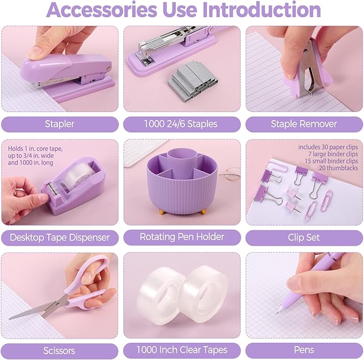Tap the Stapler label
[60, 124]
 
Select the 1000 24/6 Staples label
[181, 124]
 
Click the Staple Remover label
[304, 124]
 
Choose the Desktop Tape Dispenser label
[60, 237]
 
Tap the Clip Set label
[304, 237]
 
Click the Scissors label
[60, 350]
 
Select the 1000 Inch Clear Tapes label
[182, 350]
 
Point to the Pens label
[304, 350]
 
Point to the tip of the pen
[278, 311]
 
